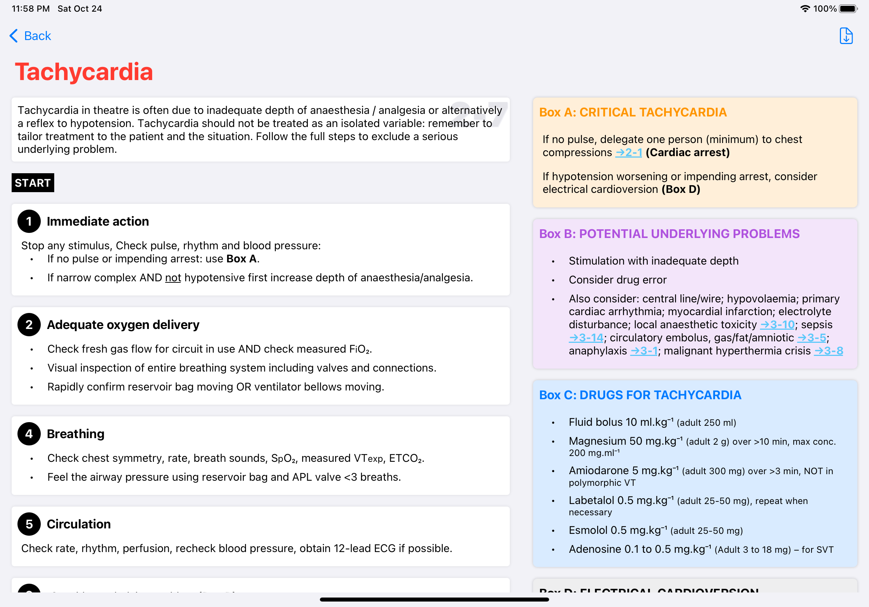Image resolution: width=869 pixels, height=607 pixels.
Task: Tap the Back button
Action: (x=30, y=36)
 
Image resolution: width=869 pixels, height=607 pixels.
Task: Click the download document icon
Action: (x=846, y=36)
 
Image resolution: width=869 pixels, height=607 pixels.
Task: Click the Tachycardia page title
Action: (x=84, y=72)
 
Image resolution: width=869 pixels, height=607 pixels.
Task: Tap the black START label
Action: (x=33, y=183)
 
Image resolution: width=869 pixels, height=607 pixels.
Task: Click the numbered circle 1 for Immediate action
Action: (x=29, y=221)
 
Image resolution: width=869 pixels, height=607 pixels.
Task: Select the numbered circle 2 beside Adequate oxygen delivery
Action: (x=29, y=325)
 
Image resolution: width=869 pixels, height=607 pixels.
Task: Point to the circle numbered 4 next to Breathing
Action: (x=29, y=434)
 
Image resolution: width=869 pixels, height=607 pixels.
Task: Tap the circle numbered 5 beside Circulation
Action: (x=29, y=524)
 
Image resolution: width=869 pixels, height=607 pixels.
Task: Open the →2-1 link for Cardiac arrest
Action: (x=629, y=152)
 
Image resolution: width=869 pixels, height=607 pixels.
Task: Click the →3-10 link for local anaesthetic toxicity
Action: (x=777, y=325)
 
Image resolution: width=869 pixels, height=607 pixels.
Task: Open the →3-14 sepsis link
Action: (x=586, y=338)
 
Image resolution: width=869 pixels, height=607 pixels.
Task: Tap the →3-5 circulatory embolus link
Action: (x=812, y=338)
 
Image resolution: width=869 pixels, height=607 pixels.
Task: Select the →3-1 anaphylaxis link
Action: (x=644, y=351)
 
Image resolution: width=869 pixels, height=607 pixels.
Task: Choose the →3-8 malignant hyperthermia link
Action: (x=829, y=351)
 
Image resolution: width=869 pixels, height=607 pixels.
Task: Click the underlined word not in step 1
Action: (x=173, y=278)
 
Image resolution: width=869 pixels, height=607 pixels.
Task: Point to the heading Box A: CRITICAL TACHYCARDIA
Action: (x=633, y=112)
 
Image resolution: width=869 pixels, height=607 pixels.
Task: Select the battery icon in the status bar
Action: (x=848, y=9)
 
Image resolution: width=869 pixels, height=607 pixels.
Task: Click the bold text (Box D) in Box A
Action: (x=681, y=189)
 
